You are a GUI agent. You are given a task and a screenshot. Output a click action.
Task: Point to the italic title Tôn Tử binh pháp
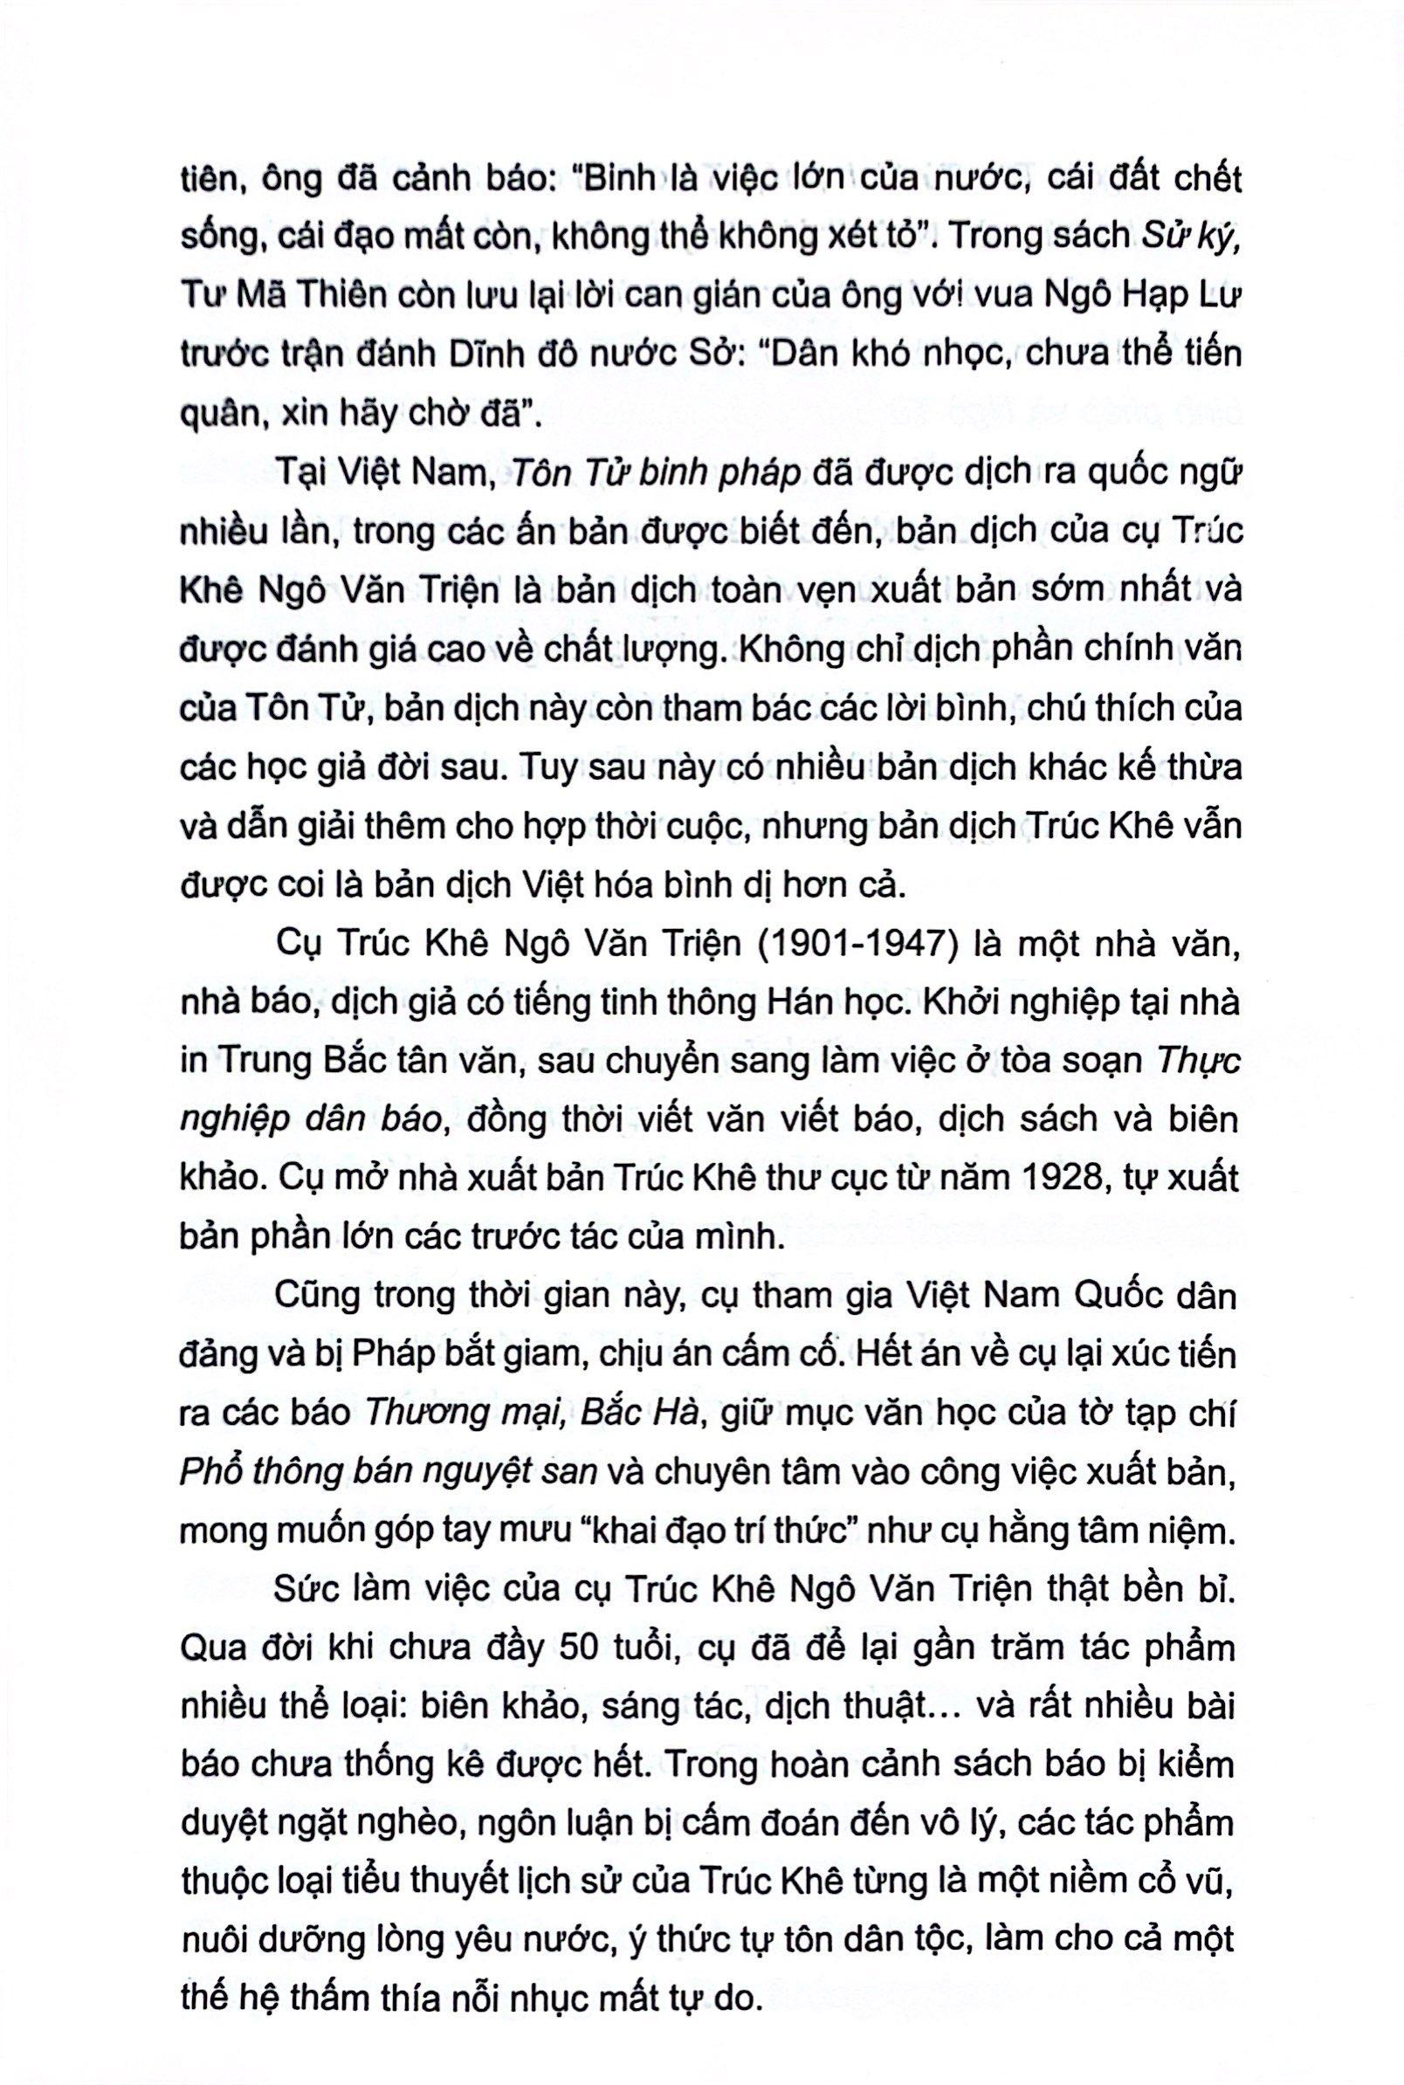(x=655, y=475)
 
